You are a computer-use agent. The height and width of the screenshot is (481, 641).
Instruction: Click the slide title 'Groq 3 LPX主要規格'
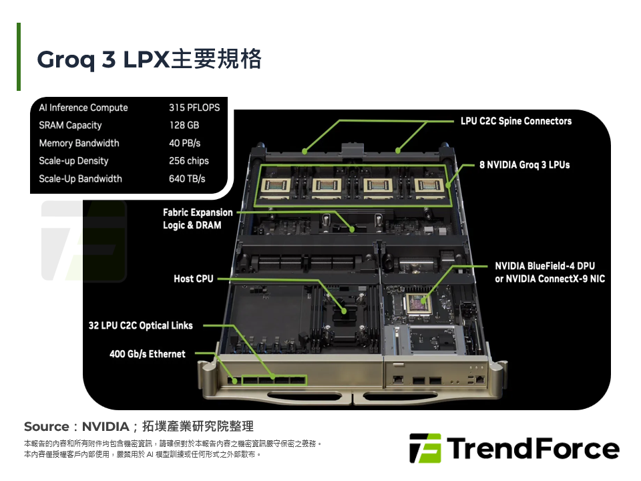click(149, 59)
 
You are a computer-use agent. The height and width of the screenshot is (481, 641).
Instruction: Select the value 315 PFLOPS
click(194, 108)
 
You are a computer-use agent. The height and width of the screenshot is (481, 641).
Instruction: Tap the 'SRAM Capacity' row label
click(70, 126)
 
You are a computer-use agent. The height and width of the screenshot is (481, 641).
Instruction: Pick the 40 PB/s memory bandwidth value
click(184, 143)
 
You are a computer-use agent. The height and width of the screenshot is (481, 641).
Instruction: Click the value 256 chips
click(188, 161)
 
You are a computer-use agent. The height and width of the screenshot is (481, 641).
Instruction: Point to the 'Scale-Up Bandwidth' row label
click(80, 179)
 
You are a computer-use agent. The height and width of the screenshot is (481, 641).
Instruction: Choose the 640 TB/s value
click(187, 179)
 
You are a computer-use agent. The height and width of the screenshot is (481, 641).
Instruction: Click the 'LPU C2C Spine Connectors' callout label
click(516, 121)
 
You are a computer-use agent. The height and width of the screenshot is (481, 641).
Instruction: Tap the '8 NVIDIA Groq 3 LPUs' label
click(524, 164)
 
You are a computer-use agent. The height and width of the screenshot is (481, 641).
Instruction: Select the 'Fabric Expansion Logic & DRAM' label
click(198, 219)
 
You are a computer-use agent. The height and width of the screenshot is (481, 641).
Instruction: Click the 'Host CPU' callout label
click(193, 279)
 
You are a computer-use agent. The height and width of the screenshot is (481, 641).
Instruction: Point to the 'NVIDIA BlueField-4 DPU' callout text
click(545, 266)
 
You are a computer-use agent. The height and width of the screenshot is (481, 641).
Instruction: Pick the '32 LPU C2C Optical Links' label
click(140, 325)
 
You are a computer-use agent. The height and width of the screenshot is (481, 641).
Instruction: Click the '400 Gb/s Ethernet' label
click(147, 354)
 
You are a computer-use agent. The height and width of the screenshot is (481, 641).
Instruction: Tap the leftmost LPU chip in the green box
click(277, 187)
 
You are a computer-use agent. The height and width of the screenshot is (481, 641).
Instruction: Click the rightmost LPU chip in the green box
click(427, 187)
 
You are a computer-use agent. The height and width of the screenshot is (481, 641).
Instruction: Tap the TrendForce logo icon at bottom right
click(425, 448)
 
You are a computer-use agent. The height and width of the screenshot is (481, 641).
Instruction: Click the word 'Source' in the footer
click(47, 426)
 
